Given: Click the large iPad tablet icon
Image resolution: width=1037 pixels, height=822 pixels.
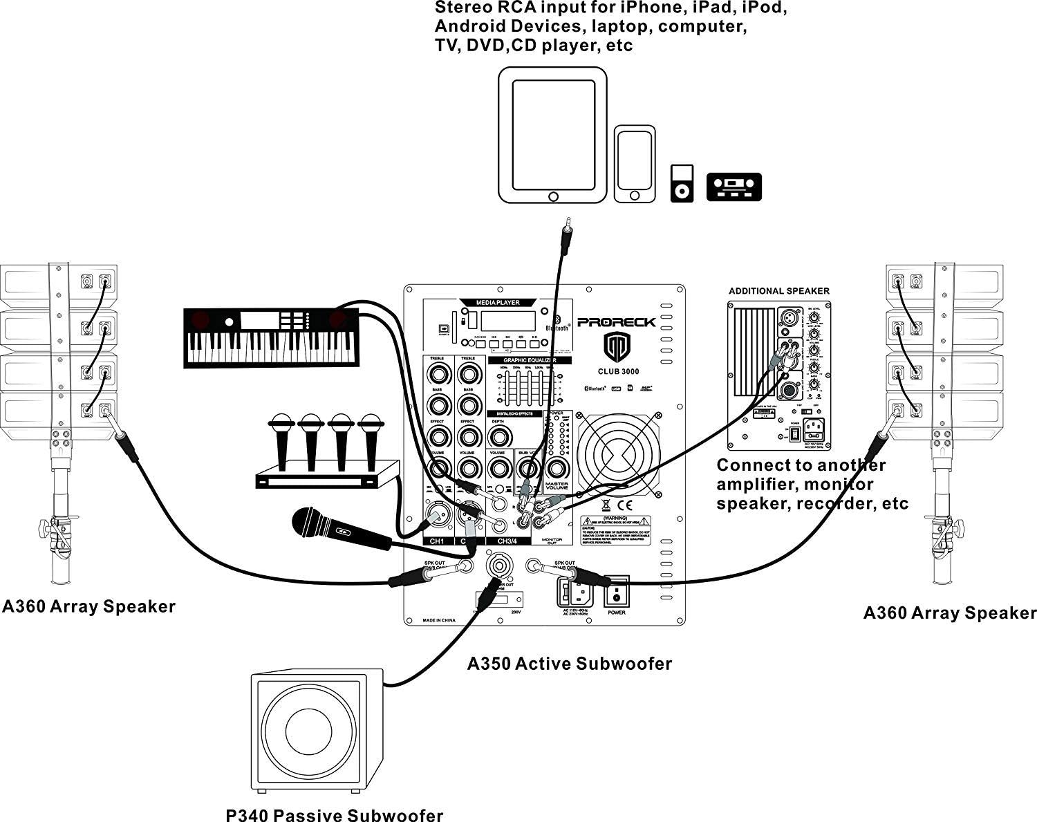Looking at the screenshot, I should pos(552,135).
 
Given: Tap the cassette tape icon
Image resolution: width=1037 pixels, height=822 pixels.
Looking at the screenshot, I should pos(734,187).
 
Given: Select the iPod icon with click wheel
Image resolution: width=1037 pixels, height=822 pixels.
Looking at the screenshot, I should pos(682,183).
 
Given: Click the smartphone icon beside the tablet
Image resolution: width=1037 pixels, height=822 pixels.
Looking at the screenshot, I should pos(635,165).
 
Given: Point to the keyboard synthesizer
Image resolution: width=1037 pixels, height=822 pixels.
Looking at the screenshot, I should pos(270,337).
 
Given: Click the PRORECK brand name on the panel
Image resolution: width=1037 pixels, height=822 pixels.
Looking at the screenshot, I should pos(616,322).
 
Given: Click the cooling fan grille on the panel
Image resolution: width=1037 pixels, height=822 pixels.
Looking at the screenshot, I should pos(618,454).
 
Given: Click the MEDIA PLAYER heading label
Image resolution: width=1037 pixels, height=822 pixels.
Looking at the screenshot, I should pos(497,303).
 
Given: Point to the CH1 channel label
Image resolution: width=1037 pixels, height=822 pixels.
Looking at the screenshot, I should pos(437,541).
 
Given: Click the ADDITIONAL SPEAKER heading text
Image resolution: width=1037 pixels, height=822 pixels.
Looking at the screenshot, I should pos(778,291).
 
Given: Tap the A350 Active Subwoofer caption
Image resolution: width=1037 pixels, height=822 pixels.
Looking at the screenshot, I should pos(569,664).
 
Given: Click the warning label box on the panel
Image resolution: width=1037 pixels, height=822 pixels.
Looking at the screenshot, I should pos(615,530).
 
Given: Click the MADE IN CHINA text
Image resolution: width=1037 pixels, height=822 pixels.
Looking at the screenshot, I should pos(439,621).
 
